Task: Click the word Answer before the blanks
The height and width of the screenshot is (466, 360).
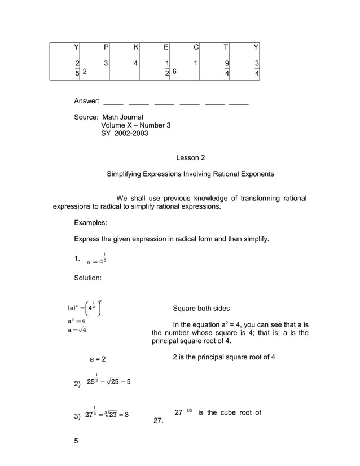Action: click(87, 101)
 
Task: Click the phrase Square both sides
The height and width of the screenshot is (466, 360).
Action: click(201, 309)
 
